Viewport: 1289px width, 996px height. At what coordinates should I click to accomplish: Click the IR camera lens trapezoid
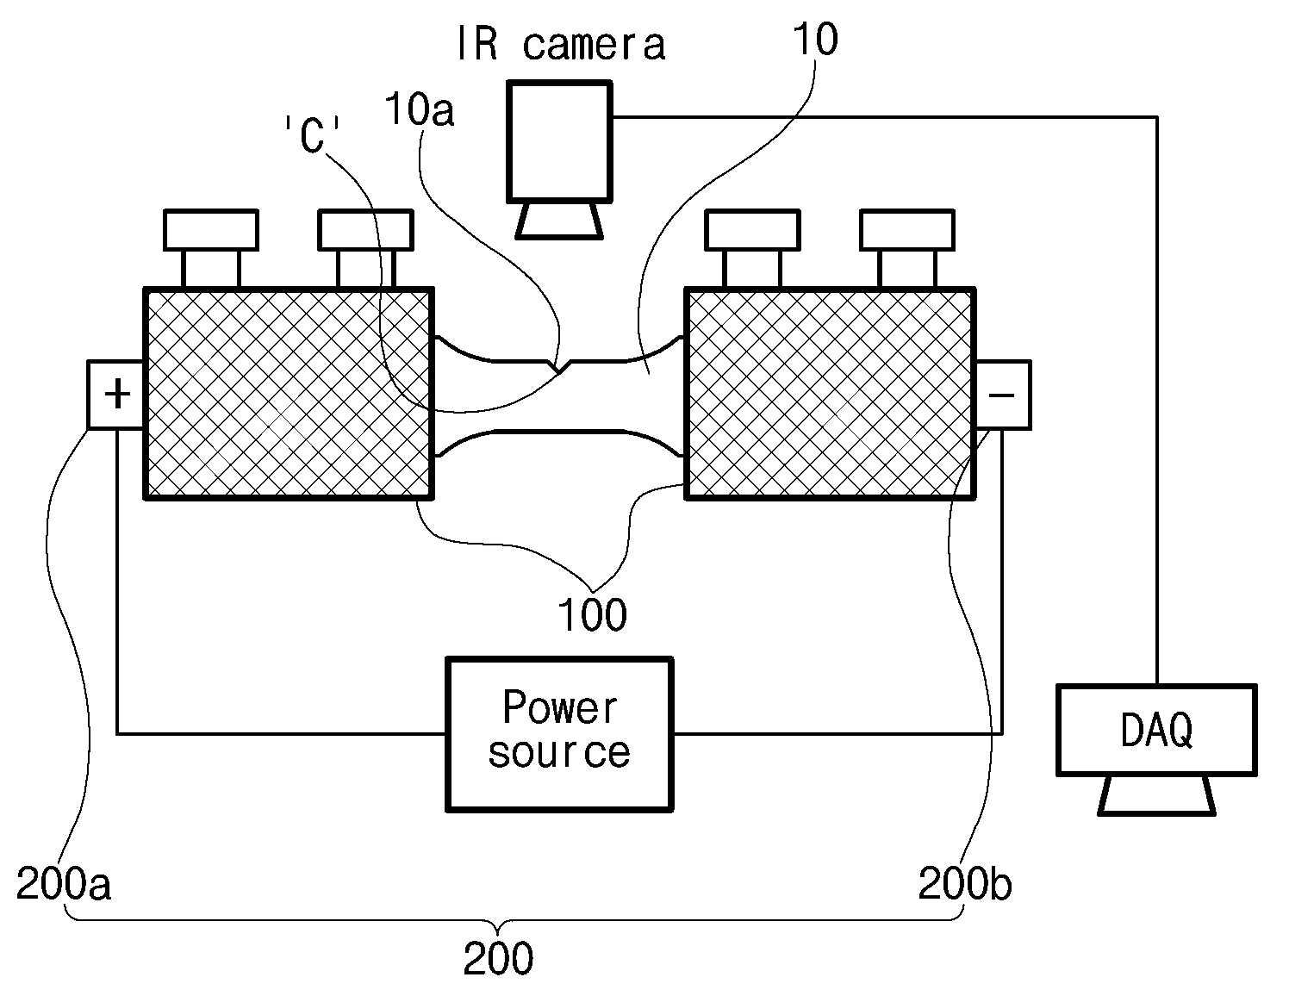(559, 221)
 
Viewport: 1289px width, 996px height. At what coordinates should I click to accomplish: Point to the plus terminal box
(116, 395)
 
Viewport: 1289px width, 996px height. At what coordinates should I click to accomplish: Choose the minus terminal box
(1002, 395)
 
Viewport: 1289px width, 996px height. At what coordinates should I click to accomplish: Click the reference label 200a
(64, 883)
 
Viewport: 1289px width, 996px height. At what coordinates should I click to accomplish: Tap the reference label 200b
(965, 883)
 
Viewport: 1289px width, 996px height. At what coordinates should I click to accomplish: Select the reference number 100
(592, 614)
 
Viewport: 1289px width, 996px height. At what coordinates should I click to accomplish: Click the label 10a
(420, 109)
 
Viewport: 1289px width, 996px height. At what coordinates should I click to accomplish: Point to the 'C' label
(312, 134)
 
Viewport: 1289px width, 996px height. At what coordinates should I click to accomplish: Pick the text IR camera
(561, 44)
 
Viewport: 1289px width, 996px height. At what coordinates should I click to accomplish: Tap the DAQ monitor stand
(1156, 796)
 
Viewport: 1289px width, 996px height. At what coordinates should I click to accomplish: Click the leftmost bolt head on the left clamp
(210, 229)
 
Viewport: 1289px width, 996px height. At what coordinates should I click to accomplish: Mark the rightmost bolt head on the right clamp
(907, 229)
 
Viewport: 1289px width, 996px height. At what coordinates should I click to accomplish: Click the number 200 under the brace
(498, 959)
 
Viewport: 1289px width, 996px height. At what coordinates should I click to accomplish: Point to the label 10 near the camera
(816, 39)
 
